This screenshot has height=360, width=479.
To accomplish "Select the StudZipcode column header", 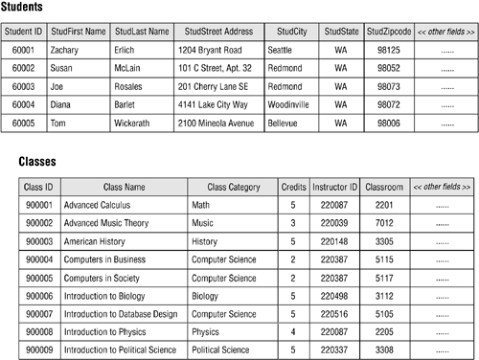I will point(390,32).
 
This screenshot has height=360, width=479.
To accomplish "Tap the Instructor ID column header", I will point(334,187).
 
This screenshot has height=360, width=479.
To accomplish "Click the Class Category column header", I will point(234,187).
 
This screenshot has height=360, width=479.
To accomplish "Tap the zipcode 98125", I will point(390,50).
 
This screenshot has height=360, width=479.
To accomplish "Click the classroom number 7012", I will point(384,223).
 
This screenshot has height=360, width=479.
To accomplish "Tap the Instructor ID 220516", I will point(334,314).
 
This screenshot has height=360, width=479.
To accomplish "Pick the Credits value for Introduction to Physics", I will point(292,332).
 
